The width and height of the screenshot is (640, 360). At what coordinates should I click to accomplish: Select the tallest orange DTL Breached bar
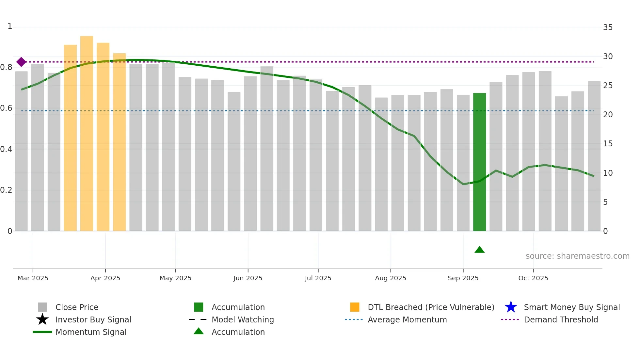pyautogui.click(x=87, y=134)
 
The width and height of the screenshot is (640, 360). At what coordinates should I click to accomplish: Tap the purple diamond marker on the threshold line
pyautogui.click(x=21, y=62)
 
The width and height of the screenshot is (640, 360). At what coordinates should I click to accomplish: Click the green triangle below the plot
pyautogui.click(x=479, y=250)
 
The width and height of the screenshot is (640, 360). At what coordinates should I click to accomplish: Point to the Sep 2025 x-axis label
pyautogui.click(x=463, y=278)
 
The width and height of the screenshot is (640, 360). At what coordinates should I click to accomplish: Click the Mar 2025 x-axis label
pyautogui.click(x=33, y=278)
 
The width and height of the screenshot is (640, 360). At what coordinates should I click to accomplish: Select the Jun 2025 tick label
pyautogui.click(x=248, y=278)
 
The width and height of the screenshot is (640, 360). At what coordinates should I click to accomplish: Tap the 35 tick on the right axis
pyautogui.click(x=608, y=27)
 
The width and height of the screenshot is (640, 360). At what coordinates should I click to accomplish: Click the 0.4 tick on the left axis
pyautogui.click(x=7, y=149)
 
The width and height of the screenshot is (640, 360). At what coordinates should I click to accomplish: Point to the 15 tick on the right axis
pyautogui.click(x=608, y=144)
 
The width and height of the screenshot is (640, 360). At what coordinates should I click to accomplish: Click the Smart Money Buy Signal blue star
pyautogui.click(x=511, y=307)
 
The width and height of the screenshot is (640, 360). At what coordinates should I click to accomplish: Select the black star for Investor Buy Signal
pyautogui.click(x=42, y=319)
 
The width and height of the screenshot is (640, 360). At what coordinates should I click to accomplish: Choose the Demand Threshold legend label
pyautogui.click(x=561, y=319)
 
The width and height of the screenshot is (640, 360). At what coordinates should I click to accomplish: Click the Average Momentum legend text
pyautogui.click(x=407, y=319)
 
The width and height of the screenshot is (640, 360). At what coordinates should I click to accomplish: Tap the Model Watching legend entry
pyautogui.click(x=242, y=319)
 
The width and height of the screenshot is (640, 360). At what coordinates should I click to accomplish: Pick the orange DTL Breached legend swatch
pyautogui.click(x=355, y=307)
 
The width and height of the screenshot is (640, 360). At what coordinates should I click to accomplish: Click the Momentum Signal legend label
pyautogui.click(x=91, y=332)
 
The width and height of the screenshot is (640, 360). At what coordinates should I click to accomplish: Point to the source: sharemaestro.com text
pyautogui.click(x=577, y=256)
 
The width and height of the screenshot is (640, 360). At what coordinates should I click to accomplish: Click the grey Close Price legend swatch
pyautogui.click(x=42, y=307)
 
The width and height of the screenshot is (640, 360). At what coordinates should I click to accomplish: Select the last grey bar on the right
pyautogui.click(x=594, y=157)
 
